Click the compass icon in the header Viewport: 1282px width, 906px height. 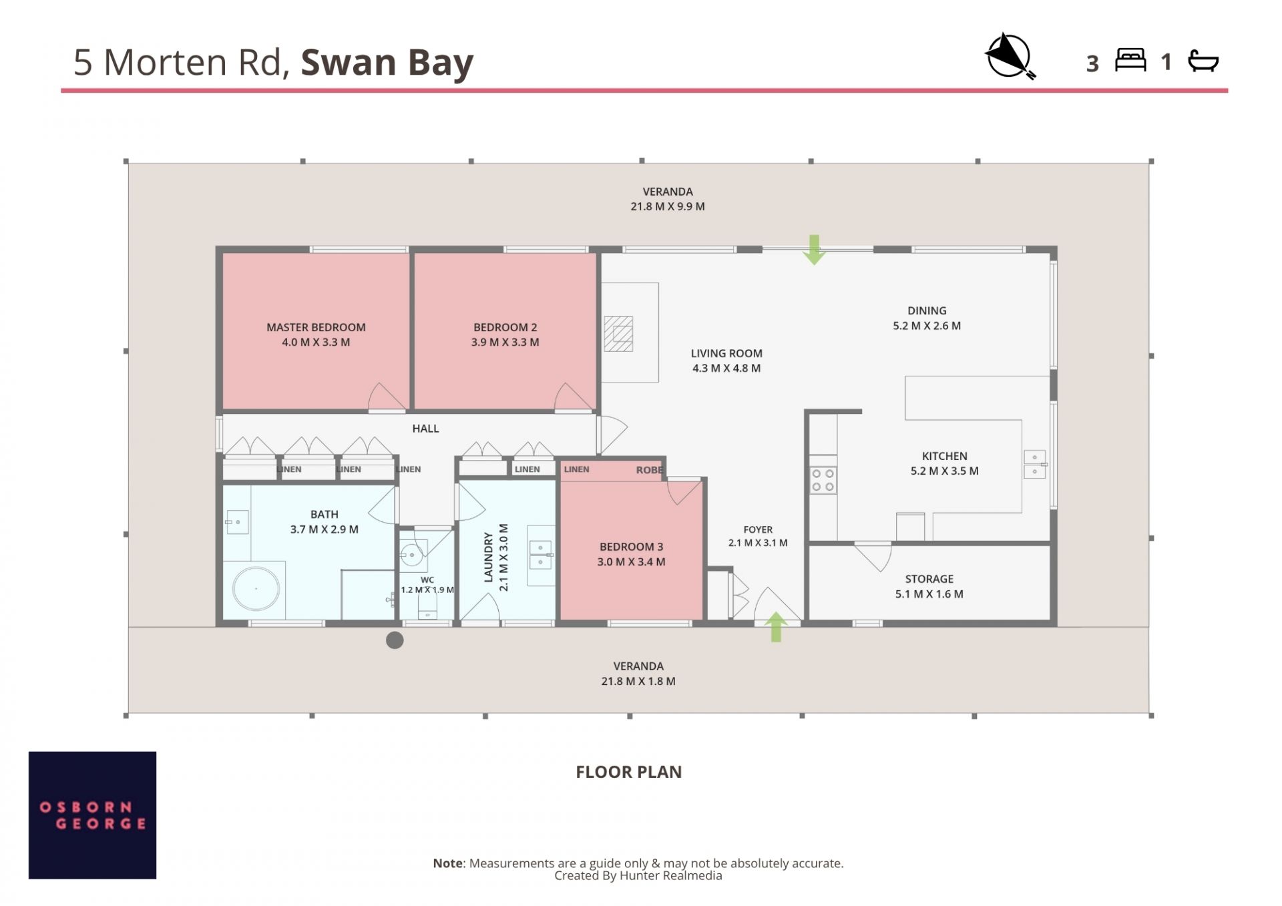pos(1010,57)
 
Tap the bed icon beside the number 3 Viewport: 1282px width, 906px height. pos(1130,60)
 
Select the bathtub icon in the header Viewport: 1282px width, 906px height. pos(1203,61)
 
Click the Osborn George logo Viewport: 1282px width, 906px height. pos(92,815)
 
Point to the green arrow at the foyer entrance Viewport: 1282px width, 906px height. pos(776,627)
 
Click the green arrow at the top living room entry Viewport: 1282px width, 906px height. pos(814,250)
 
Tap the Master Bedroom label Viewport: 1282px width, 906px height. pos(316,327)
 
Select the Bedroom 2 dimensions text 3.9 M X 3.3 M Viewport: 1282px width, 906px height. pos(505,343)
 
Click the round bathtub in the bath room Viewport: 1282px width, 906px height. pos(256,589)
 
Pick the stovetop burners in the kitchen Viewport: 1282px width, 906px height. pos(823,480)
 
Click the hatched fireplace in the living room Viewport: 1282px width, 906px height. pos(618,333)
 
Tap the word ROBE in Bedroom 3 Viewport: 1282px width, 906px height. pos(649,470)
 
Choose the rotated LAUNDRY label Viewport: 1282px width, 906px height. pos(488,557)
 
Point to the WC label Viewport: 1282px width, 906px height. pos(427,580)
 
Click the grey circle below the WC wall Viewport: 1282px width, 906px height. pos(395,640)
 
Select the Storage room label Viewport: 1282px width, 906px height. pos(929,579)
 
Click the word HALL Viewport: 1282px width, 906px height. pos(425,429)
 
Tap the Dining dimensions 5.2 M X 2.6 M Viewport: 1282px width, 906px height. pos(927,326)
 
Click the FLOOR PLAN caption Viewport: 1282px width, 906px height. pos(628,772)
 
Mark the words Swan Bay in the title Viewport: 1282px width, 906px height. pos(387,63)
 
